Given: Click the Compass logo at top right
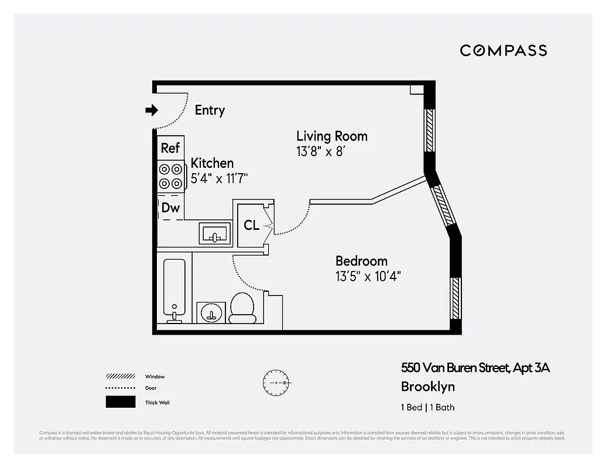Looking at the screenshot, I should pos(503,50).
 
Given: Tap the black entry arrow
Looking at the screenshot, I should pos(152,110).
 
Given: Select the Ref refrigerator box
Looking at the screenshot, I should pos(170,148).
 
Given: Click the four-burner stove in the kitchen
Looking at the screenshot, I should pos(170,176).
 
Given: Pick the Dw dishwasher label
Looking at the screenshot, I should pos(170,208).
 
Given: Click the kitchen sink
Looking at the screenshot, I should pos(215,233).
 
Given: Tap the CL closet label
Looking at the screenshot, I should pos(252,225).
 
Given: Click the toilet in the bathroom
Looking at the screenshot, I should pos(242,308).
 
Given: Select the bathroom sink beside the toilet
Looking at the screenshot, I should pos(211,312).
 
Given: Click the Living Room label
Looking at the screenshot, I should pos(331,136).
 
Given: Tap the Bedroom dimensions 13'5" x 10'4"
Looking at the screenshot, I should pos(368,276).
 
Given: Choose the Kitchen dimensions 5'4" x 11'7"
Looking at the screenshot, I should pos(220,178).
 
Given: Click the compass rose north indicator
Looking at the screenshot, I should pos(275,382).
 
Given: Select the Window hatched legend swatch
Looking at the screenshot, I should pos(120,376).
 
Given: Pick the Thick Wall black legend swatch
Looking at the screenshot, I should pos(120,402).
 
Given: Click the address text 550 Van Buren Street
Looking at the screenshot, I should pos(455,368).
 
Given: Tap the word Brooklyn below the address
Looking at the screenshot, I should pos(427,387).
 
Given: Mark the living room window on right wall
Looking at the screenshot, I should pos(430,128).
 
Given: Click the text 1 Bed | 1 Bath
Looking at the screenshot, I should pos(427,407).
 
